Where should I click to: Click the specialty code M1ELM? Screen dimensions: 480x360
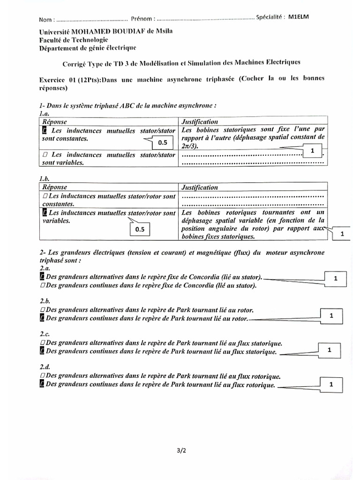[x=299, y=17]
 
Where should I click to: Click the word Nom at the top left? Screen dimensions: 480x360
[x=45, y=20]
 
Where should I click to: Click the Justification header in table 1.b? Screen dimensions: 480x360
[x=200, y=187]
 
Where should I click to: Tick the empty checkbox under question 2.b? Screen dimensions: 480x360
[x=43, y=310]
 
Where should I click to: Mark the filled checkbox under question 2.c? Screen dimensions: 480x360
[x=43, y=352]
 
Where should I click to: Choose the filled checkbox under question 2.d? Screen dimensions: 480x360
[x=43, y=384]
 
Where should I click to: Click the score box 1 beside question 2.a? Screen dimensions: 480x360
[x=335, y=278]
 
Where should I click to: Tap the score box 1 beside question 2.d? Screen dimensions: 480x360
[x=331, y=384]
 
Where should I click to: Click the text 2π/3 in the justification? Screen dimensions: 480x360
[x=190, y=146]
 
